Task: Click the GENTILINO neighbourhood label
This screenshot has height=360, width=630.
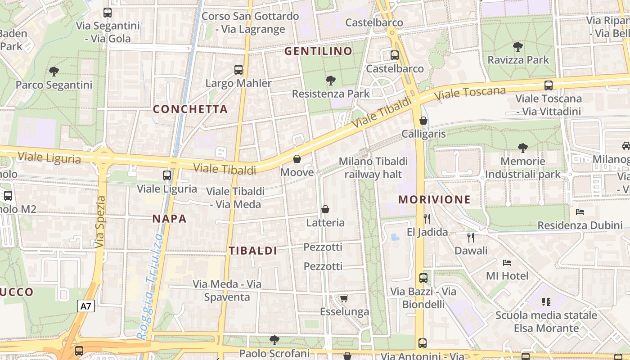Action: pos(318,51)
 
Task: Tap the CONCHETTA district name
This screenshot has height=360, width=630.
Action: pos(190,109)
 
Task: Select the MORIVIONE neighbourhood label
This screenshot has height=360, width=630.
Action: pos(434,200)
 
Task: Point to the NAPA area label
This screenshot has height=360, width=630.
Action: pos(169,219)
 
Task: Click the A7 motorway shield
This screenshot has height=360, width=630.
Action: pos(85,306)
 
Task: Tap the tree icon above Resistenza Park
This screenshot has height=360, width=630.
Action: pos(331,81)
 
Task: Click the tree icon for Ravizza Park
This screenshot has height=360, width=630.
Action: pos(518,46)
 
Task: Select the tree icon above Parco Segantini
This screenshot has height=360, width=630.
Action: pos(54,71)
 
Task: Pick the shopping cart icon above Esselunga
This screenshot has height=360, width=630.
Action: pos(344,298)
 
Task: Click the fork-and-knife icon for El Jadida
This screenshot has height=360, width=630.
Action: pos(427,219)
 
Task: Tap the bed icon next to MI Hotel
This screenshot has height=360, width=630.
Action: pos(507,262)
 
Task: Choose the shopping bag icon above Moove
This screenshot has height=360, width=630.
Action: pos(297,159)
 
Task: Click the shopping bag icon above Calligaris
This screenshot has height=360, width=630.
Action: pos(423,121)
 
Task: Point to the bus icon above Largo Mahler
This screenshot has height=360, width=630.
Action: pos(238,70)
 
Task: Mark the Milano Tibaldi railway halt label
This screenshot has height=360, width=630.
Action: pos(373,168)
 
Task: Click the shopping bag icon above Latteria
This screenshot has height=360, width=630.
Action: pos(325,209)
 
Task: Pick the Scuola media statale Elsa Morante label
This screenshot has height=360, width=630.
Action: pos(546,321)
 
